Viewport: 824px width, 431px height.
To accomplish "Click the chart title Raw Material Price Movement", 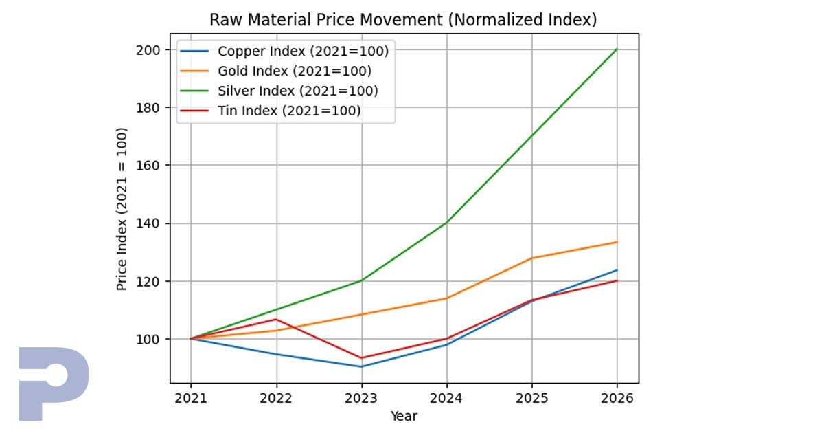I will point(403,20).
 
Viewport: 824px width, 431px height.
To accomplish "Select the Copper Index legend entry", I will point(302,51).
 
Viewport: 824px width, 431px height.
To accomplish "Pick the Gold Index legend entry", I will point(294,71).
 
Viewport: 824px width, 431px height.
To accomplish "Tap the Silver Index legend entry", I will point(297,91).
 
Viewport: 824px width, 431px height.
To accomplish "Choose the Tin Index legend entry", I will point(288,111).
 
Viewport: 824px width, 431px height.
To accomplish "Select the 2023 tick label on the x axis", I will point(361,397).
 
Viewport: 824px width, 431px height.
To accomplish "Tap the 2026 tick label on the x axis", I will point(617,397).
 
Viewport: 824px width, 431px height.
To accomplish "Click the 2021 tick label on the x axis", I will point(191,397).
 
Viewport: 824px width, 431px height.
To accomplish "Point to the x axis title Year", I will point(404,416).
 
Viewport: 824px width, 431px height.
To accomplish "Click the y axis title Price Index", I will point(122,209).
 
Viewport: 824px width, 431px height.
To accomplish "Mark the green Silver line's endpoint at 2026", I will point(617,49).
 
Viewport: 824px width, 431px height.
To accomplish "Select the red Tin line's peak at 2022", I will point(276,319).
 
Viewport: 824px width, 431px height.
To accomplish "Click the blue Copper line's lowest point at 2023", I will point(361,366).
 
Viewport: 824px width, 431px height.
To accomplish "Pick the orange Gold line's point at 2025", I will point(531,258).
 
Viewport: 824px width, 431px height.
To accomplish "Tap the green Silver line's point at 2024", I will point(446,223).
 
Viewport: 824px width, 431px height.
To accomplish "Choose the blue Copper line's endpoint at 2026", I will point(617,270).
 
